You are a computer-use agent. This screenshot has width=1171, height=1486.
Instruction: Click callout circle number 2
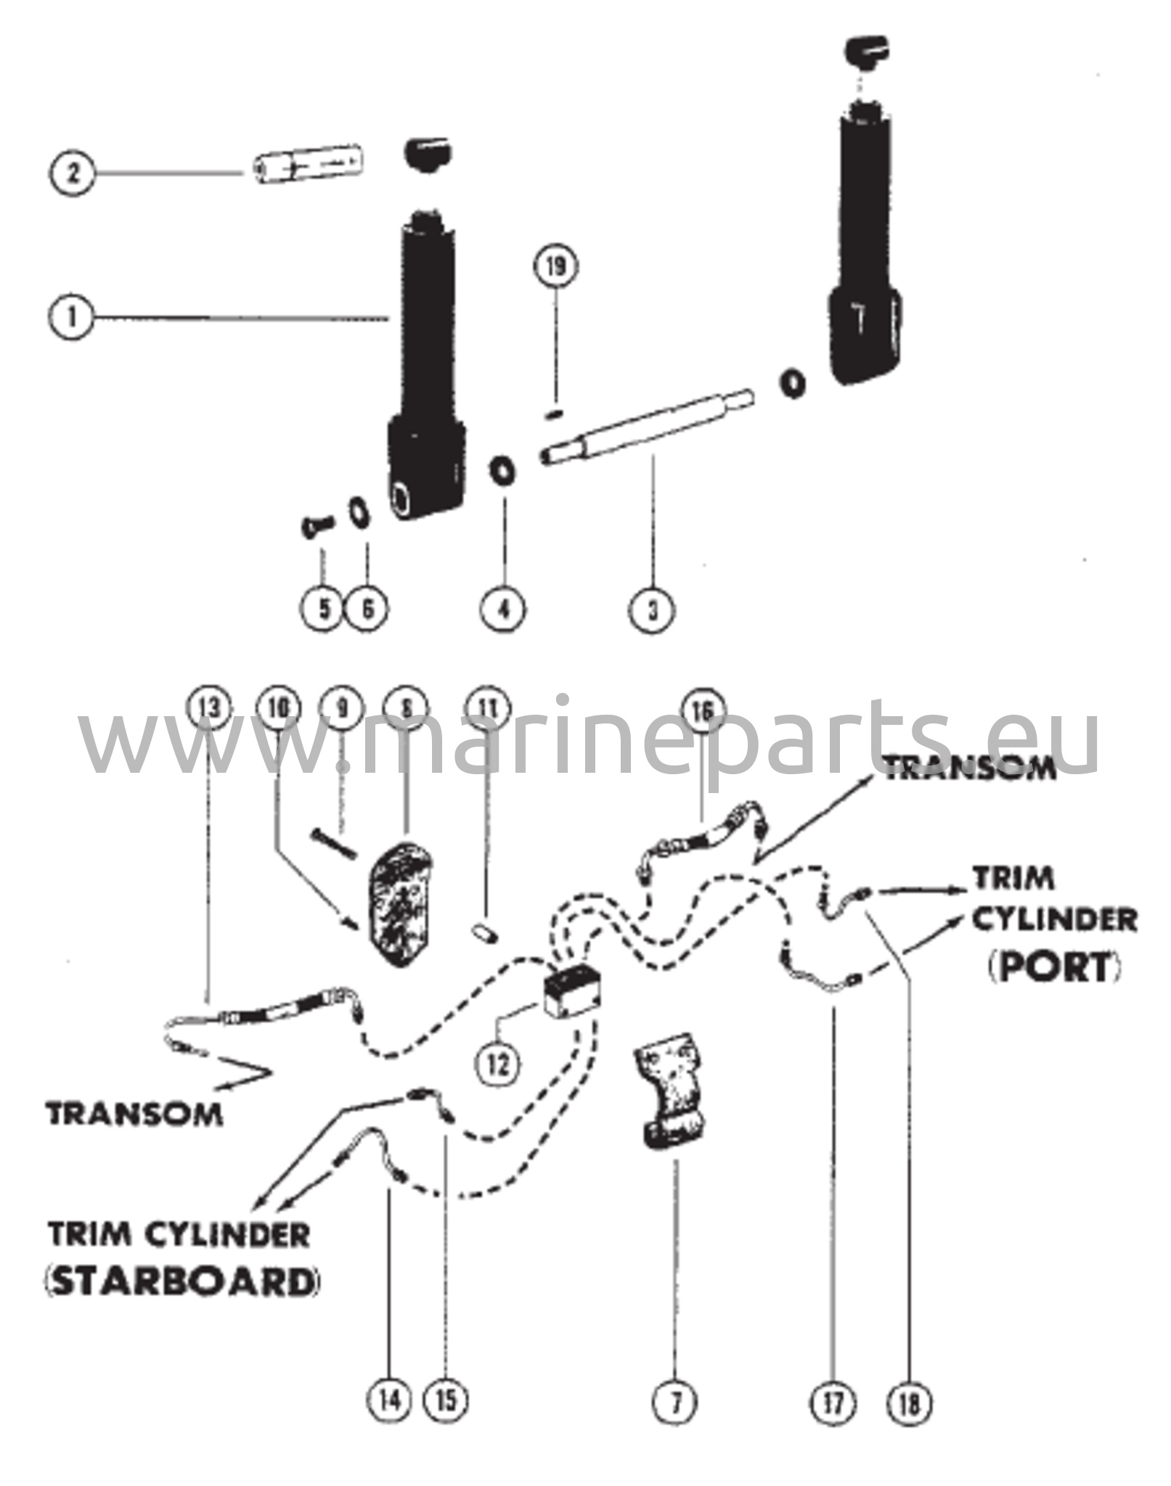pyautogui.click(x=72, y=174)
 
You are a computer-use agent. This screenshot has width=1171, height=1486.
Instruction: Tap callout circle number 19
pyautogui.click(x=555, y=267)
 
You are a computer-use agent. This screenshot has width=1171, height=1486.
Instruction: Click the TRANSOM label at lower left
pyautogui.click(x=134, y=1114)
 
